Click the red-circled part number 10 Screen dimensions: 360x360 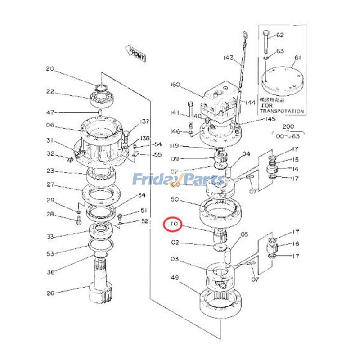point(173,224)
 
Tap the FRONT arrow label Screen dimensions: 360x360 point(136,54)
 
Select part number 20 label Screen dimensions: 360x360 point(49,69)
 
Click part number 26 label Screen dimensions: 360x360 point(50,293)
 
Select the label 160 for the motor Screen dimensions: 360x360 point(175,85)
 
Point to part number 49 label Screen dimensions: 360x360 point(175,278)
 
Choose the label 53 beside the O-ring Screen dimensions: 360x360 point(50,254)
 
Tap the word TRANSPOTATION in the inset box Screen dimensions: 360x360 point(282,111)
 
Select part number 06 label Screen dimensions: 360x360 point(50,126)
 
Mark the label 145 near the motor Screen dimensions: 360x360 point(270,119)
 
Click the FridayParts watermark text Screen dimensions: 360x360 point(178,181)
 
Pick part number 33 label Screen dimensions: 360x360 point(50,237)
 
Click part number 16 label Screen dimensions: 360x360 point(295,244)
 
